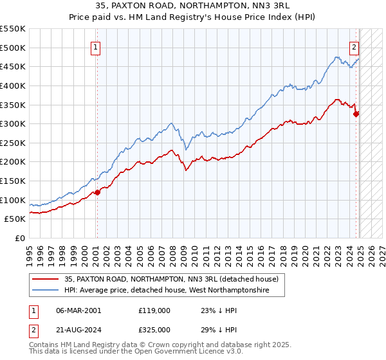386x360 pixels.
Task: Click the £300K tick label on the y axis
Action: pyautogui.click(x=13, y=123)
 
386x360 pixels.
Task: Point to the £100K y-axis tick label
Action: pyautogui.click(x=13, y=200)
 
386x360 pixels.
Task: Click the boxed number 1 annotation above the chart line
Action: pyautogui.click(x=95, y=46)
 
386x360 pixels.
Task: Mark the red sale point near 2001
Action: pyautogui.click(x=97, y=192)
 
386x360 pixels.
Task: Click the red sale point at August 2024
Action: pyautogui.click(x=356, y=114)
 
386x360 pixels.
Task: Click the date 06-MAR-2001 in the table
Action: pyautogui.click(x=78, y=310)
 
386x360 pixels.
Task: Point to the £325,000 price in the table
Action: pyautogui.click(x=154, y=330)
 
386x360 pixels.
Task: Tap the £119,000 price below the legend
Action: pyautogui.click(x=154, y=310)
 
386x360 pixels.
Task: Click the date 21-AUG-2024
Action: pyautogui.click(x=78, y=330)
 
